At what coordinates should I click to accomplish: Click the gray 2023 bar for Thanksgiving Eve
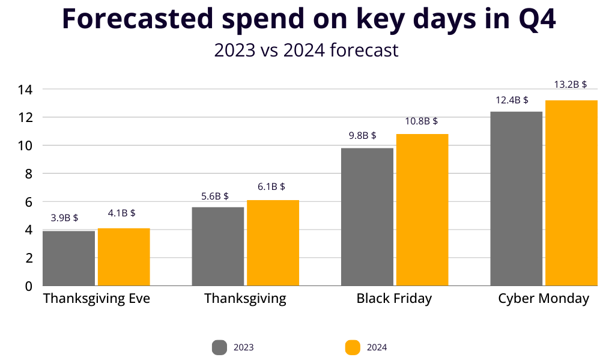click(68, 258)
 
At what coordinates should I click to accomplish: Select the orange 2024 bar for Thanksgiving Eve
click(124, 257)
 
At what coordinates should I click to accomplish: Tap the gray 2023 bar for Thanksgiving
click(218, 246)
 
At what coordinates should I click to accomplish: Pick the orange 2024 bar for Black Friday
click(422, 210)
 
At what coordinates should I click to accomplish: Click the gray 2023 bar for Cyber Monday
click(517, 198)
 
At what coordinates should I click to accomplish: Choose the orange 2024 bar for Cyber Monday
click(571, 193)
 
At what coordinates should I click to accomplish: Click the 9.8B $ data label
click(362, 135)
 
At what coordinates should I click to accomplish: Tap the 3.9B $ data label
click(64, 218)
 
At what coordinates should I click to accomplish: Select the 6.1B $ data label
click(271, 187)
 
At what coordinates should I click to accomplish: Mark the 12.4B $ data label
click(512, 100)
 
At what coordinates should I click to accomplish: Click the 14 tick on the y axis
click(25, 90)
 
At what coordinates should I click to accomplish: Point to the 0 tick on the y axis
click(28, 286)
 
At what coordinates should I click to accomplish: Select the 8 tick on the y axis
click(28, 174)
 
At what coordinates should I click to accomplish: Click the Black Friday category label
click(394, 299)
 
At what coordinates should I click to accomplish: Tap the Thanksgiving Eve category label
click(97, 299)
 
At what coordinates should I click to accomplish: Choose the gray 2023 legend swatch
click(219, 347)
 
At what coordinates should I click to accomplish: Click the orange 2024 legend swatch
click(353, 347)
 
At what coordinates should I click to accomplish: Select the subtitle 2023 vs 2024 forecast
click(306, 50)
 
